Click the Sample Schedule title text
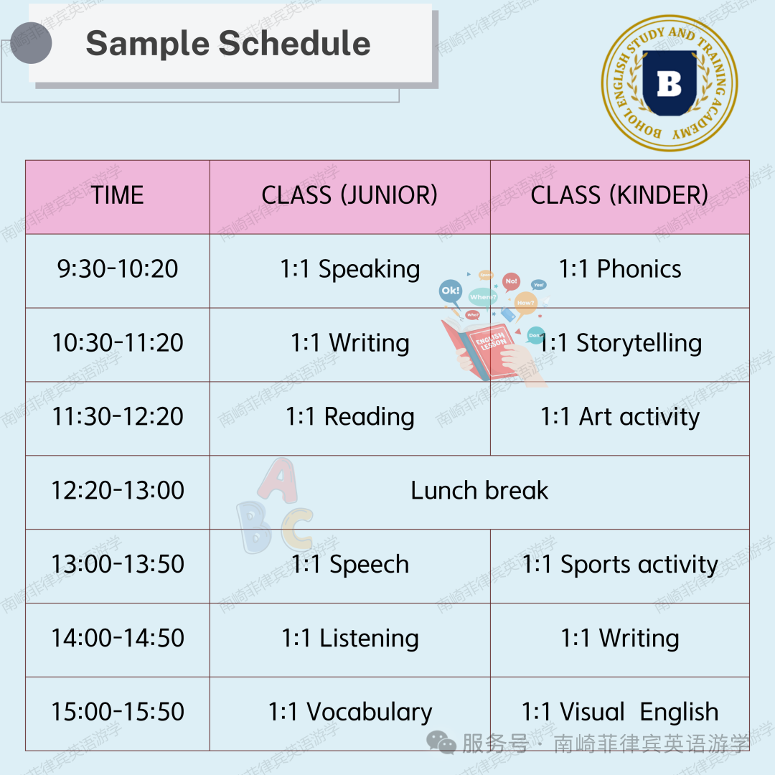(x=228, y=44)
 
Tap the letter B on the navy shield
(x=670, y=83)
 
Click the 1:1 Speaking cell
(x=350, y=270)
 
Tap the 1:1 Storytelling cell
(x=621, y=344)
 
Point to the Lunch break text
(x=479, y=491)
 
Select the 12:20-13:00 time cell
(x=118, y=491)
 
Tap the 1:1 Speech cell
(x=350, y=565)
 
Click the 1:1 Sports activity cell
(x=620, y=565)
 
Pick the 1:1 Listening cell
(x=350, y=639)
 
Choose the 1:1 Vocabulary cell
(x=350, y=713)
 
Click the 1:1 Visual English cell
(x=620, y=713)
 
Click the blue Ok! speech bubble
(x=450, y=291)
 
